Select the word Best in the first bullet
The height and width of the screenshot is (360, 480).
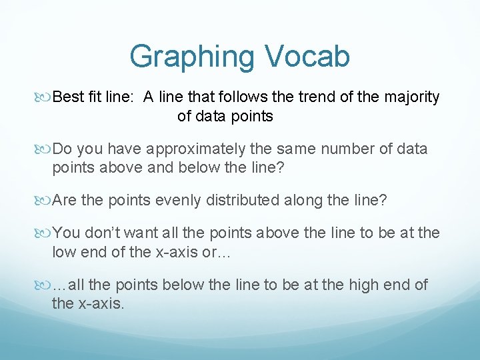67,97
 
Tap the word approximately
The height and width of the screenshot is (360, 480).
193,149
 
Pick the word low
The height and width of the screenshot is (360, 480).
63,251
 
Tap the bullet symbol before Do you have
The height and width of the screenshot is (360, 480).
44,149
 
